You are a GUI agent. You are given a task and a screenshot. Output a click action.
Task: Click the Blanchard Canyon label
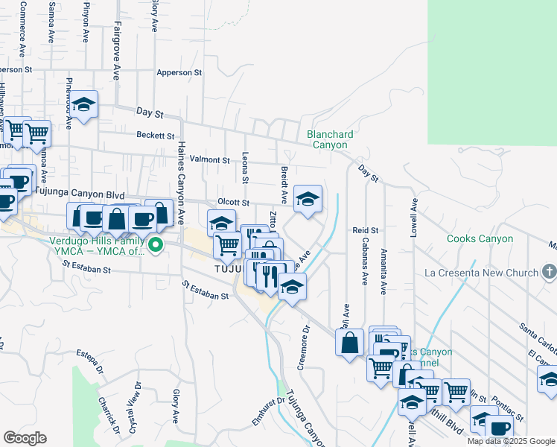tap(330, 139)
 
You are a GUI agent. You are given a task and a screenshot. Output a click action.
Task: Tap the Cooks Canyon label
tap(480, 239)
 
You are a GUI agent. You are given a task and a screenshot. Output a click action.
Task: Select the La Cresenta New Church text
tap(481, 273)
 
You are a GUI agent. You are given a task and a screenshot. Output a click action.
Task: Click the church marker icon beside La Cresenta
tap(550, 271)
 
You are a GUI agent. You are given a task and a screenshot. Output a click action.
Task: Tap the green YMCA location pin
tap(156, 244)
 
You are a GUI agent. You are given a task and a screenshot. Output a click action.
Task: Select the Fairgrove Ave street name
tap(117, 56)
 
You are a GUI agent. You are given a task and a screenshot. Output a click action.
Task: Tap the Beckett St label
tap(155, 136)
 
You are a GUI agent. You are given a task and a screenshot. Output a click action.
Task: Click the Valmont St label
tap(209, 159)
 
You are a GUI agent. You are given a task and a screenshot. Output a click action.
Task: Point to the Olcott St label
tap(232, 203)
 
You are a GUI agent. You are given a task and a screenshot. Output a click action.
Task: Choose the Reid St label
tap(366, 231)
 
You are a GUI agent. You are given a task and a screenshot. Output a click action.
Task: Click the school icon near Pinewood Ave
tap(84, 106)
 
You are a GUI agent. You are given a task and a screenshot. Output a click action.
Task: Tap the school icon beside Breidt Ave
tap(308, 199)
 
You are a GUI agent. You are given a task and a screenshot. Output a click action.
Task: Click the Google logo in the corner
tap(25, 437)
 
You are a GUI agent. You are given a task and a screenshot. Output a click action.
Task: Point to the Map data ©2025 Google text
tap(510, 441)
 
